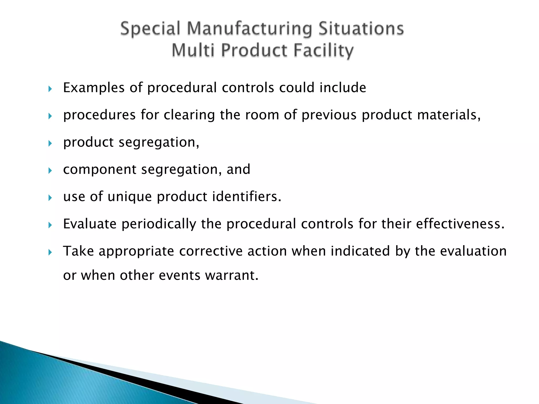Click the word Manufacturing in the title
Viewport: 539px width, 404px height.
(x=249, y=29)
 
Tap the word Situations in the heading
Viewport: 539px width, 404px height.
(x=361, y=29)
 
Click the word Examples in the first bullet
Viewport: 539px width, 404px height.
(x=94, y=88)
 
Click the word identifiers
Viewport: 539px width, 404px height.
(x=247, y=196)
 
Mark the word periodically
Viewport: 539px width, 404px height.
(x=159, y=224)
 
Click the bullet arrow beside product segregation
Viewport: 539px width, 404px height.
(x=50, y=143)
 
